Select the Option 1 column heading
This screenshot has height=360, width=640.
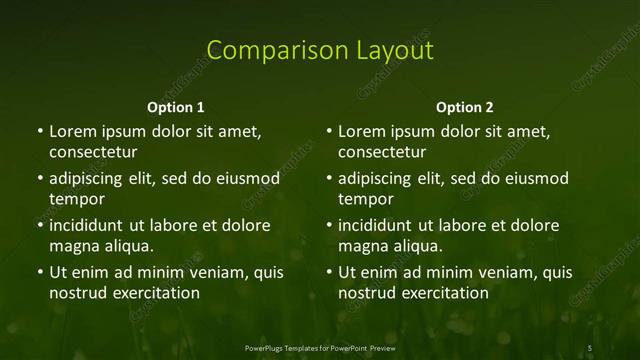coord(175,107)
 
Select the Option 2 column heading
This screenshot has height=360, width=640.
coord(465,107)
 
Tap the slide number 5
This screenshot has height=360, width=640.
coord(590,347)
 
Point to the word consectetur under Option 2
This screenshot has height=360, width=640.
coord(382,153)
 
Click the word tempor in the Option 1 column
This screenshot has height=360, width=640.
coord(76,200)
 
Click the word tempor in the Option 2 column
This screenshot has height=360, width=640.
coord(366,200)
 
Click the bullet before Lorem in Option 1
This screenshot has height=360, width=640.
coord(39,132)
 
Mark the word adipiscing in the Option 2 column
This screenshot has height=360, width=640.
coord(375,179)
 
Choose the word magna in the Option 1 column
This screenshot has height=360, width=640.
coord(72,247)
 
